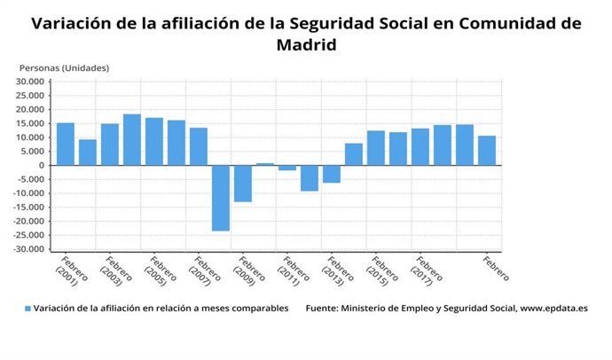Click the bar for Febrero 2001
click(x=66, y=144)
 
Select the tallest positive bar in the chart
click(x=132, y=139)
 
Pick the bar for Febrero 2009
click(x=243, y=184)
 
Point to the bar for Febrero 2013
click(x=332, y=174)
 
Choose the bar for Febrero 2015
click(x=376, y=148)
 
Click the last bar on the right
click(x=487, y=151)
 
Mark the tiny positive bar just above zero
click(x=265, y=164)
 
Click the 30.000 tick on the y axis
click(x=31, y=82)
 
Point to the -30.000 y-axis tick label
click(x=29, y=250)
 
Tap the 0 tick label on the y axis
click(x=41, y=166)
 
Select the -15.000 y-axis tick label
click(x=29, y=207)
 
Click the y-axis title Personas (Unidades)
click(x=64, y=67)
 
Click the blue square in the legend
click(x=27, y=309)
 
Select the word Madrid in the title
click(x=306, y=44)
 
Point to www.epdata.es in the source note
click(x=553, y=309)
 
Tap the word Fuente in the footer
click(x=324, y=309)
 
